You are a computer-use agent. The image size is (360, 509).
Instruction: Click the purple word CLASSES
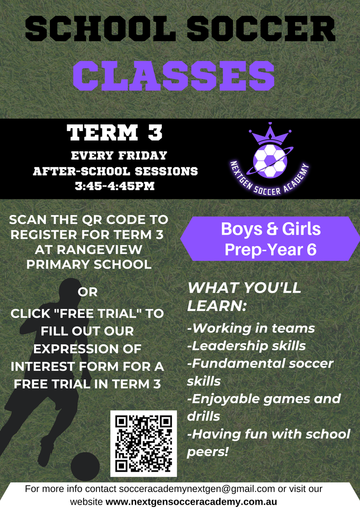(x=174, y=76)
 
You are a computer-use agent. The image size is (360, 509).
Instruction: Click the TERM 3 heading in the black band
(x=115, y=132)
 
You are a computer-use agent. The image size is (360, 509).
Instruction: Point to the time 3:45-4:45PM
(x=115, y=186)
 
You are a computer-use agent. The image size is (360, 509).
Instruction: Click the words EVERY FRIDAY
(x=119, y=156)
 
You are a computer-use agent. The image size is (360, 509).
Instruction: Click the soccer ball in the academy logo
(x=270, y=161)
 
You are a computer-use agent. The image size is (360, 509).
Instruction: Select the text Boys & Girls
(x=271, y=229)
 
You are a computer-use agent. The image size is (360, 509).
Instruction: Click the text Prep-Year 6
(x=270, y=249)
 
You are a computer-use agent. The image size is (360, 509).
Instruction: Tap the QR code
(x=143, y=444)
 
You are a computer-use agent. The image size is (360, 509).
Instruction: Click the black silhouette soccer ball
(x=85, y=467)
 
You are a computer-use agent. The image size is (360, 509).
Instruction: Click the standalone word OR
(x=87, y=292)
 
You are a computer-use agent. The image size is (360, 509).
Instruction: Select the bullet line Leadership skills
(x=247, y=346)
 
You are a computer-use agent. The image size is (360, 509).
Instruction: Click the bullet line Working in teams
(x=251, y=328)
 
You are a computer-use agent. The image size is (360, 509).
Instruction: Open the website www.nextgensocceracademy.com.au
(x=191, y=501)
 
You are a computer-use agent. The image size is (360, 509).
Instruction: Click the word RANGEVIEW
(x=100, y=249)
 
